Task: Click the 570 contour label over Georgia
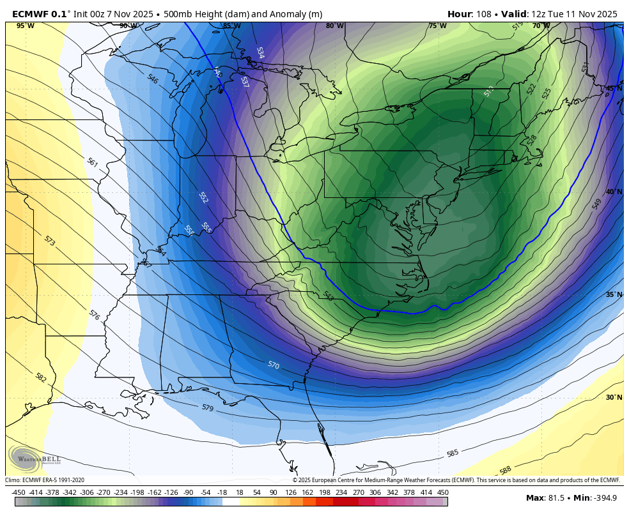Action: [x=274, y=365]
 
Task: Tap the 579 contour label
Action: [x=208, y=407]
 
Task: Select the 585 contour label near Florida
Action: [x=453, y=453]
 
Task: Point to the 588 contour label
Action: [x=506, y=471]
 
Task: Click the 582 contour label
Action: [x=41, y=378]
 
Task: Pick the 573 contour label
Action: [x=50, y=241]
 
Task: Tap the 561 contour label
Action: [x=92, y=163]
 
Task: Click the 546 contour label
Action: [x=153, y=79]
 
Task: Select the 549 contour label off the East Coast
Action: [x=597, y=204]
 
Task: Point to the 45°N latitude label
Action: [x=614, y=89]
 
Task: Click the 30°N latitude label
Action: [x=614, y=397]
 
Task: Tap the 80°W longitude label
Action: [x=334, y=26]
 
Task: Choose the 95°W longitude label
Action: [x=26, y=26]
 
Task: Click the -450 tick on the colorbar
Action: [x=19, y=492]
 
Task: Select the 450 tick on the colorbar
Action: [x=442, y=492]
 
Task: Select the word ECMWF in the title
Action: [x=31, y=14]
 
